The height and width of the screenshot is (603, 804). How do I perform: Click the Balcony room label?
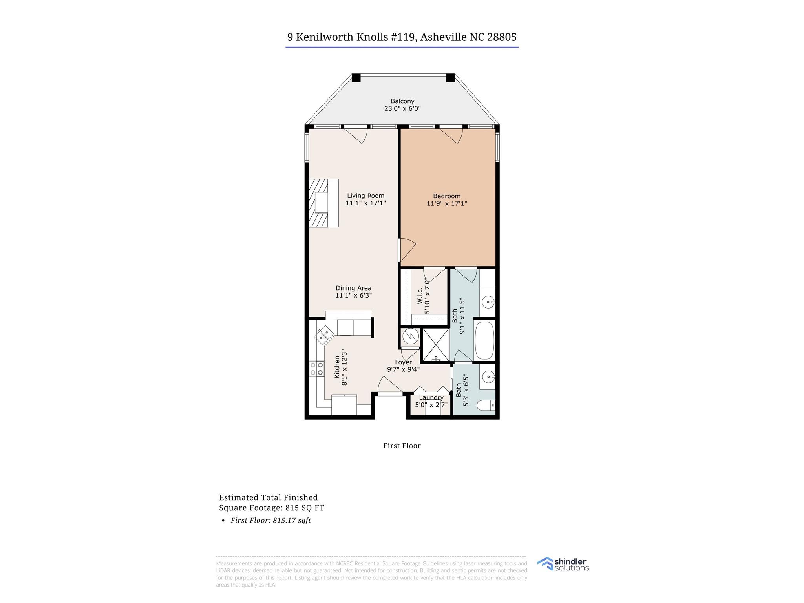402,101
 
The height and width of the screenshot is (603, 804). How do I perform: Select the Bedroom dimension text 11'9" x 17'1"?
447,203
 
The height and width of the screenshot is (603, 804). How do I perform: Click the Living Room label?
365,196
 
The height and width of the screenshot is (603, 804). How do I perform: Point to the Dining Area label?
353,288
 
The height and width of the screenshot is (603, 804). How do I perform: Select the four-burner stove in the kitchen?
316,369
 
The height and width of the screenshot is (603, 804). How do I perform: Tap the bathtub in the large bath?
484,340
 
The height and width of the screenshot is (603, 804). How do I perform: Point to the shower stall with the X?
435,344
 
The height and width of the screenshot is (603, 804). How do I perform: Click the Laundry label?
431,398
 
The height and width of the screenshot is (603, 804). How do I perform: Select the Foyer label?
404,362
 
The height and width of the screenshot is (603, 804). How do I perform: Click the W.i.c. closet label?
420,296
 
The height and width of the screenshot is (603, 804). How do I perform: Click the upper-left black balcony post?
356,78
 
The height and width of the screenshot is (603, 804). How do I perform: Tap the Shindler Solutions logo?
563,564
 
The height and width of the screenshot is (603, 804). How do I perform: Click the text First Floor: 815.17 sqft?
270,520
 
